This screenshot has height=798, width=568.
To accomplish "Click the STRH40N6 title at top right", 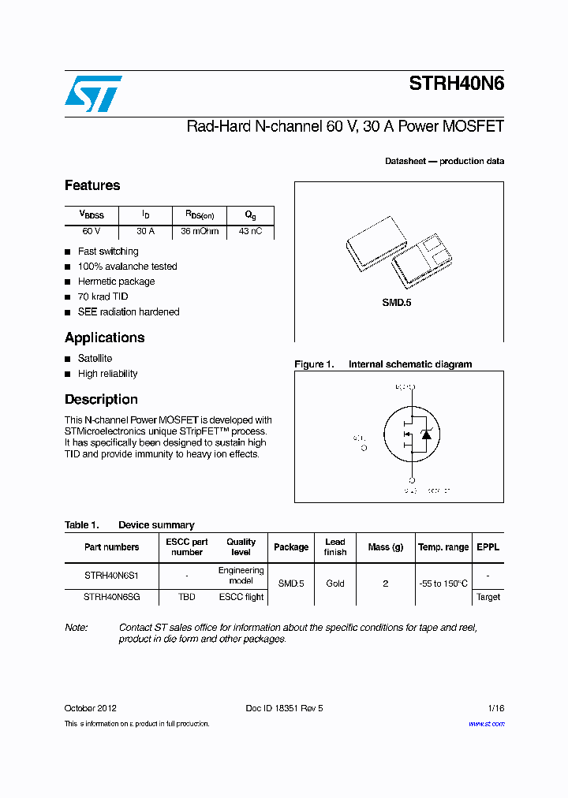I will (x=456, y=84).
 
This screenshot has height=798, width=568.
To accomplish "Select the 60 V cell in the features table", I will (x=91, y=232).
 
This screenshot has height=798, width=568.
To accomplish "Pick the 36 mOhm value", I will (x=200, y=232).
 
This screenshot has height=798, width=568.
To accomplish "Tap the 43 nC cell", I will (x=250, y=232).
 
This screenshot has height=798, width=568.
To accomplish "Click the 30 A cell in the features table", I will (x=145, y=232).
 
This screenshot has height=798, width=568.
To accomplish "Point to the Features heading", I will (x=92, y=186).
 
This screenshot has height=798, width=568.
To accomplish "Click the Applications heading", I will (x=104, y=337).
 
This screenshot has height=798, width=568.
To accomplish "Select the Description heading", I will (x=101, y=400).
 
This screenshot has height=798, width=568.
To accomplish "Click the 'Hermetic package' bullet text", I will (x=116, y=282).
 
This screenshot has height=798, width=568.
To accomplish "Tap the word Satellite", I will (x=95, y=359).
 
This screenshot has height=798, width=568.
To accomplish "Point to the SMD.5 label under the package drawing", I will (x=397, y=303).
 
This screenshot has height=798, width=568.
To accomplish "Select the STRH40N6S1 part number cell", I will (x=111, y=576).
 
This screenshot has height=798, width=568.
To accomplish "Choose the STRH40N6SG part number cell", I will (x=111, y=597).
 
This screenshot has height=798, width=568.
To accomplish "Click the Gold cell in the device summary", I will (x=335, y=584).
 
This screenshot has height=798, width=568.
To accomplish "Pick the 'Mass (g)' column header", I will (x=385, y=547).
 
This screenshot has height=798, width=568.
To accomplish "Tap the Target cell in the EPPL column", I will (x=488, y=597).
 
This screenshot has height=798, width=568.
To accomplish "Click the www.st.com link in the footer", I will (x=486, y=724).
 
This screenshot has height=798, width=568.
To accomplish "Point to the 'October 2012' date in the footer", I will (x=91, y=708).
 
